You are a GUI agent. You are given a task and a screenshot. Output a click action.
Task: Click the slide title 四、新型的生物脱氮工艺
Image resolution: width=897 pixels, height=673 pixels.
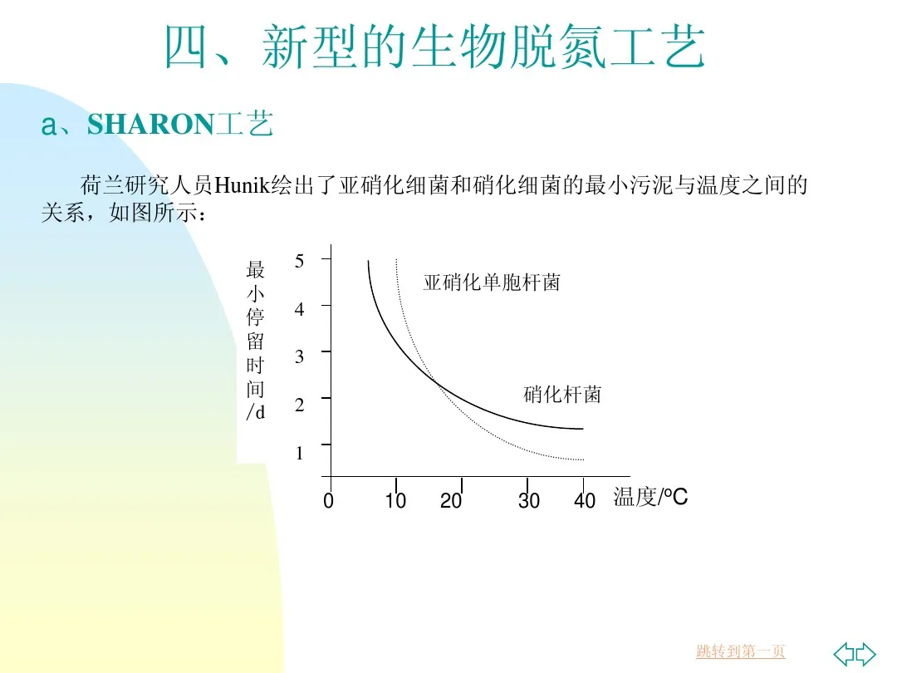pos(434,47)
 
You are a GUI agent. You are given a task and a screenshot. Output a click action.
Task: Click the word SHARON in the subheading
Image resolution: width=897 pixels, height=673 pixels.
pos(150,125)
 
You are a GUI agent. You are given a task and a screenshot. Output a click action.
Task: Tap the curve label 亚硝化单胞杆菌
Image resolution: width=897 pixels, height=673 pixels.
pos(492,283)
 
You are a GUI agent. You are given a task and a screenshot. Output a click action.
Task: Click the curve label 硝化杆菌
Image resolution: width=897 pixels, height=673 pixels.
pos(562,395)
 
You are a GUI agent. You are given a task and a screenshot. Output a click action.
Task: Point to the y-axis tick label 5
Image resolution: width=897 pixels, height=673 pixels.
pos(300,260)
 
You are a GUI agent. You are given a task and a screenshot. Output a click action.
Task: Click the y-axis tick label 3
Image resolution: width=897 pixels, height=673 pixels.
pos(300,356)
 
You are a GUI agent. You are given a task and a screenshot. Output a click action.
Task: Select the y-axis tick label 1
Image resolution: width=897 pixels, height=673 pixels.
pos(300,454)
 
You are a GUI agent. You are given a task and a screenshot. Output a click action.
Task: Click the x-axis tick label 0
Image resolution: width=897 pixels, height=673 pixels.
pos(329,501)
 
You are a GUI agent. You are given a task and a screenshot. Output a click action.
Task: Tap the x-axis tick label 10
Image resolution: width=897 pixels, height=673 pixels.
pos(395,501)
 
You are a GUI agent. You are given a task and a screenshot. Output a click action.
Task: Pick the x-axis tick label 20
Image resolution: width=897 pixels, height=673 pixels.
pos(451,501)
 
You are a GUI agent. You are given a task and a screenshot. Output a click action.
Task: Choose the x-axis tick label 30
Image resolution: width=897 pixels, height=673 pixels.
pos(529,501)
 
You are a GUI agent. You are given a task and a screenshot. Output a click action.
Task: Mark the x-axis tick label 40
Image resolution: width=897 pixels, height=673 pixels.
pos(585,501)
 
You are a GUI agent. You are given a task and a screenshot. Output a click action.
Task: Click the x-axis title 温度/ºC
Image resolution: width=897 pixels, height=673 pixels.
pos(650,498)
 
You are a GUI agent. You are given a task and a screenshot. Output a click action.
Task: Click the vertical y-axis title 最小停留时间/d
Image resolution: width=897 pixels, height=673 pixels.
pos(256,341)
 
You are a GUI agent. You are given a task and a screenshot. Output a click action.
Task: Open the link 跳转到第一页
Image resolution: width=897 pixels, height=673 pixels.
pos(740,652)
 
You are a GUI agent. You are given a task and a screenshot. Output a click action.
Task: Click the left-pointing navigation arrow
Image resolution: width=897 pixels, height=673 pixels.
pos(844,653)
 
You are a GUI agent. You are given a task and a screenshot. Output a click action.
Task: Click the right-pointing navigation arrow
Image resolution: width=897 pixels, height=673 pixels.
pos(865,653)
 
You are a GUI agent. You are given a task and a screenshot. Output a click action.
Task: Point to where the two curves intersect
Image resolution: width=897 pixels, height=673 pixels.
pos(436,382)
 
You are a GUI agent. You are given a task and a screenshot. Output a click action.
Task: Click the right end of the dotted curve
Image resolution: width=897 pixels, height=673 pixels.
pos(583,459)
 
